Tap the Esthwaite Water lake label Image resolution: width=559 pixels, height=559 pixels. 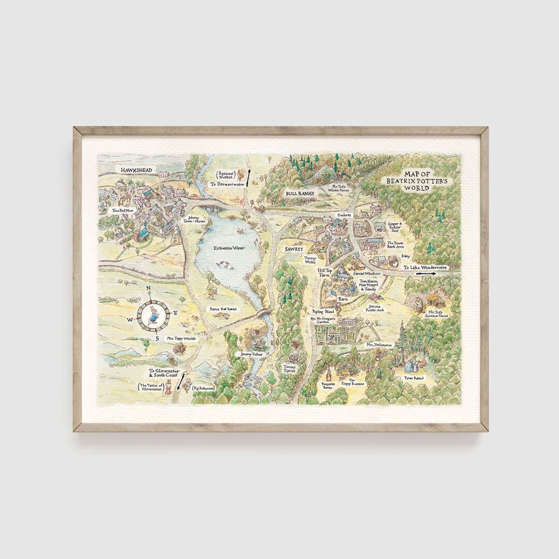click(x=229, y=248)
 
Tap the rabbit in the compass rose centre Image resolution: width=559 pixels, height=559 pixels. click(x=153, y=314)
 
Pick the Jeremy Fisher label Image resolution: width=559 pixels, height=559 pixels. click(x=252, y=354)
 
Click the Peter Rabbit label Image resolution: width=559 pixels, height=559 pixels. click(x=414, y=378)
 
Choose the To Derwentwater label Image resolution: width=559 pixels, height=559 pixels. click(x=228, y=184)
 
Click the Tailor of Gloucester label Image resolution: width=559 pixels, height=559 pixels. click(x=152, y=388)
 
